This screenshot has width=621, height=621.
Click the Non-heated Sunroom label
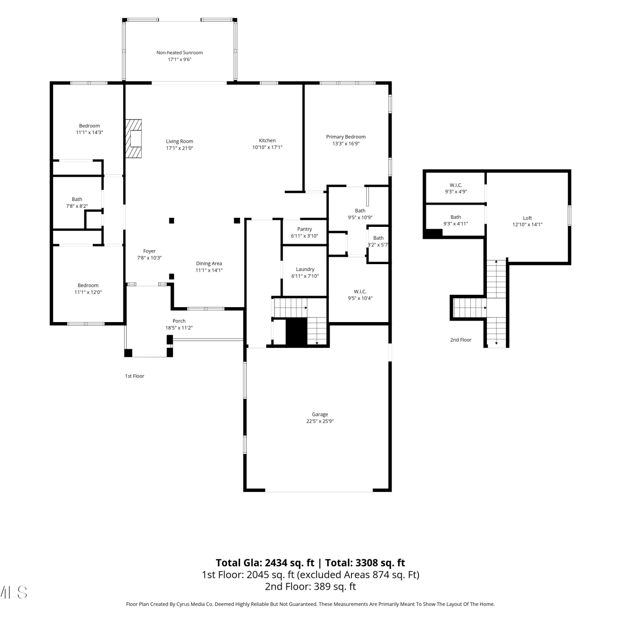coord(180,53)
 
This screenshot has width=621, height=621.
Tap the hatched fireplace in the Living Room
coord(133,139)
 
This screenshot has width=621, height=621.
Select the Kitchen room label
coord(267,140)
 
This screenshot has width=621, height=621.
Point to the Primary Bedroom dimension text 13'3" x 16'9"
coord(346,144)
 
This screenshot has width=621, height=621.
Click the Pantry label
coord(305,229)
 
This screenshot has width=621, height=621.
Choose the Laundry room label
coord(305,269)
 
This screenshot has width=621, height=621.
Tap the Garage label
coord(320,414)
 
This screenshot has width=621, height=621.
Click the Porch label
coord(179,321)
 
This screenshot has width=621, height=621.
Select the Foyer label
coord(149,251)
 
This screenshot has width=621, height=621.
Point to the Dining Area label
coord(209,263)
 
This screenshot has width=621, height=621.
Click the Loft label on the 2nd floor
coord(527,218)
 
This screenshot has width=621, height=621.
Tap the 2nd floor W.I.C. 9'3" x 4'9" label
coord(456,188)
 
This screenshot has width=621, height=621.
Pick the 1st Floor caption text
coord(135,376)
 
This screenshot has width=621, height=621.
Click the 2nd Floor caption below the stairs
coord(461,340)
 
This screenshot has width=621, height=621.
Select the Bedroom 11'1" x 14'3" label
coord(89,129)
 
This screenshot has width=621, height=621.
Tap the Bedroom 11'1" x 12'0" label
coord(88,289)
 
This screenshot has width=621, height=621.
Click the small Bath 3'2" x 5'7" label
coord(378,241)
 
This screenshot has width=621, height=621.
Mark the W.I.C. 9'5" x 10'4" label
coord(360,295)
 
